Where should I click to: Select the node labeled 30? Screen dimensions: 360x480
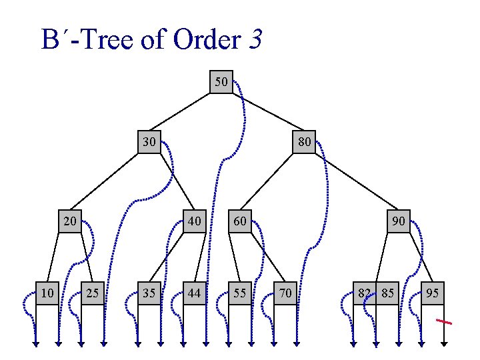(149, 142)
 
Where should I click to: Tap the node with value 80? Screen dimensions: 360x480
(304, 142)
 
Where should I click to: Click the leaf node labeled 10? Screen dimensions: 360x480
(47, 293)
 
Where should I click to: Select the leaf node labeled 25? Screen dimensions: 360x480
(92, 293)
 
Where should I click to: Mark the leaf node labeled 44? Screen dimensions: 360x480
(194, 293)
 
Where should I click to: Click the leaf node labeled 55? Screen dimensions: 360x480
(240, 293)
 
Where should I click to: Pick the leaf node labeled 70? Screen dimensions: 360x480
(285, 293)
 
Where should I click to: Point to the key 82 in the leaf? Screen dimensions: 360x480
(365, 293)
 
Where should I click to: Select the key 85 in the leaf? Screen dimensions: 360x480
(387, 293)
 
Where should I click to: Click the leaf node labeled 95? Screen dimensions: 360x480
(432, 293)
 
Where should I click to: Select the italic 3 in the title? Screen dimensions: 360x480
(256, 41)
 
